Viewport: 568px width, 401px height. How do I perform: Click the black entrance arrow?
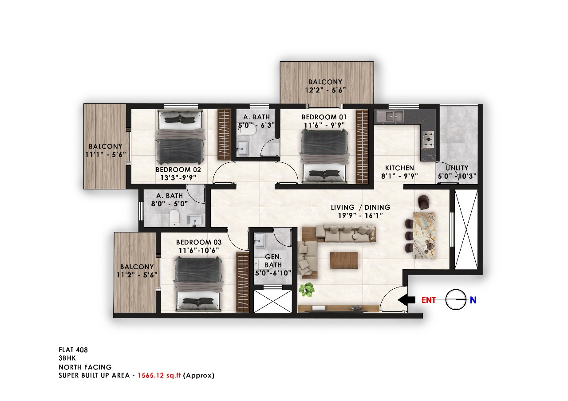(x=406, y=300)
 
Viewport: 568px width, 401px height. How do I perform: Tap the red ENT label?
(x=429, y=300)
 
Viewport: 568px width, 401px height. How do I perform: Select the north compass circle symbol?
(x=456, y=300)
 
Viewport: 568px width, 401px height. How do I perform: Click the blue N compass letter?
(x=473, y=300)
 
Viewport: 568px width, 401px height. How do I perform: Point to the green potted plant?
(x=306, y=290)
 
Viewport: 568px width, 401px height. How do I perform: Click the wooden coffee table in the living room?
(x=344, y=260)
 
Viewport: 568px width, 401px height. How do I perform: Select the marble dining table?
(x=424, y=235)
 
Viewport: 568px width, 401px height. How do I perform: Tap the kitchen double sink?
(x=391, y=116)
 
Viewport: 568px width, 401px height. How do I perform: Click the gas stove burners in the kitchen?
(x=429, y=139)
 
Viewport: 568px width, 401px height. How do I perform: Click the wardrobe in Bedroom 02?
(x=224, y=134)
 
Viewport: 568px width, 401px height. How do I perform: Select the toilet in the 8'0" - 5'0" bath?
(x=174, y=217)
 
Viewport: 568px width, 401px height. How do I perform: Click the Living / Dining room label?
(x=361, y=207)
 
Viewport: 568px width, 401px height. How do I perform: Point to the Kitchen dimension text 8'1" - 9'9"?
(x=400, y=176)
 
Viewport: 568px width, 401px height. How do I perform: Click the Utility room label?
(x=457, y=168)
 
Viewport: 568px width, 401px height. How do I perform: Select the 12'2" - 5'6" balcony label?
(x=326, y=90)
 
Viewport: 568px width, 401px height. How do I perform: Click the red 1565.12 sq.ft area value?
(x=159, y=375)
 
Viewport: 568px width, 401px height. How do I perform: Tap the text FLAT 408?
(x=73, y=350)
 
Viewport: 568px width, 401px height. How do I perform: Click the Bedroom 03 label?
(x=199, y=242)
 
